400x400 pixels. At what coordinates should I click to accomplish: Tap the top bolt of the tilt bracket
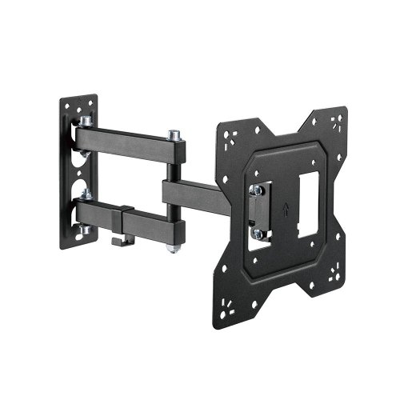pyautogui.click(x=258, y=190)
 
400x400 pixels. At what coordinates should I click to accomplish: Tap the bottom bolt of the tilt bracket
pyautogui.click(x=258, y=234)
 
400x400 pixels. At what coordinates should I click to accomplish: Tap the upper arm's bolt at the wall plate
pyautogui.click(x=86, y=119)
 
